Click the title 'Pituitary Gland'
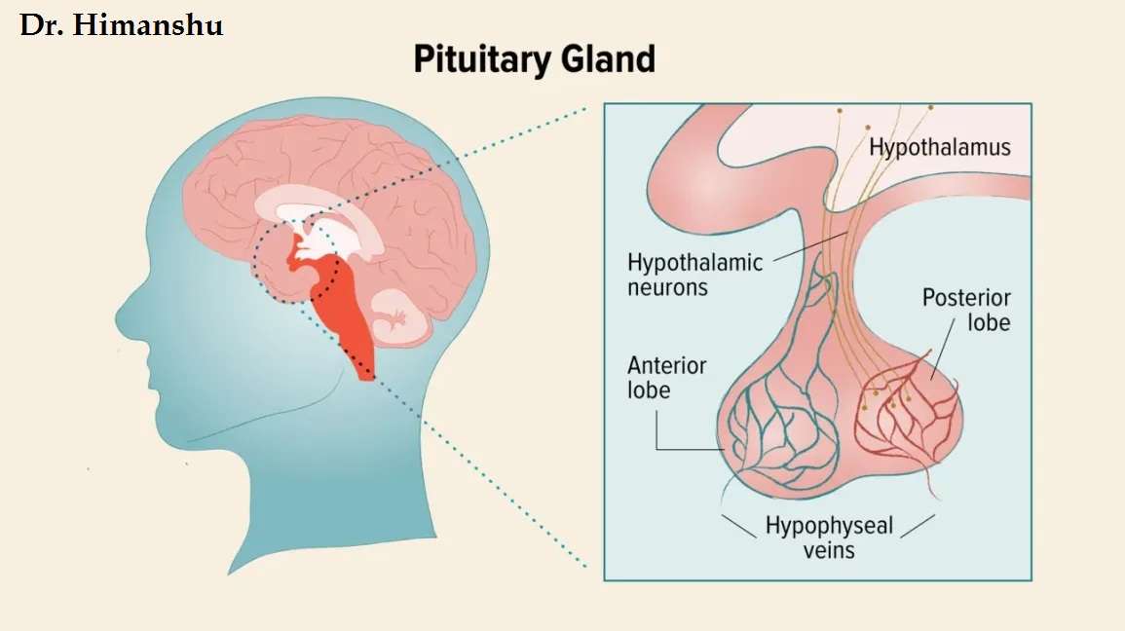pyautogui.click(x=534, y=59)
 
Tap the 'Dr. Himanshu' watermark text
pyautogui.click(x=122, y=25)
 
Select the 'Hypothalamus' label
pyautogui.click(x=939, y=148)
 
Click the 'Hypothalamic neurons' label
pyautogui.click(x=694, y=275)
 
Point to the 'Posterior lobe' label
pyautogui.click(x=966, y=310)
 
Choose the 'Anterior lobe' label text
pyautogui.click(x=666, y=378)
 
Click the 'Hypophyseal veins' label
pyautogui.click(x=829, y=538)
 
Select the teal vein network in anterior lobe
pyautogui.click(x=774, y=428)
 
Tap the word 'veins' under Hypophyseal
pyautogui.click(x=829, y=550)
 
